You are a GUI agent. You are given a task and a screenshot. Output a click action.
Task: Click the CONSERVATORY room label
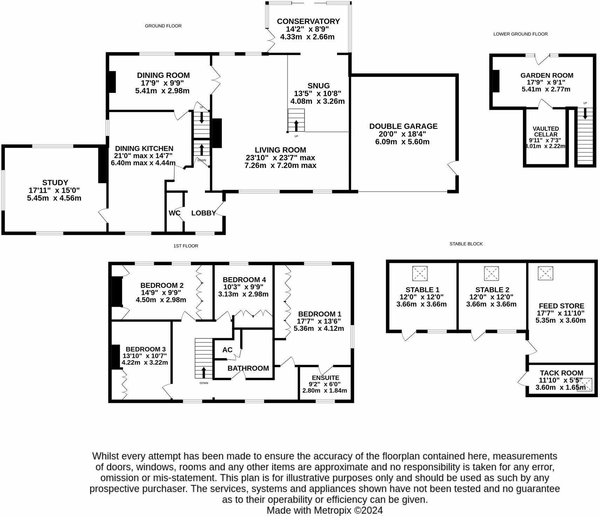308,21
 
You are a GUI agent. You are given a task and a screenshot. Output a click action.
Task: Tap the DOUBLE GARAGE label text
403,126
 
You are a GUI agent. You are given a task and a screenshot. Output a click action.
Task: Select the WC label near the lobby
174,213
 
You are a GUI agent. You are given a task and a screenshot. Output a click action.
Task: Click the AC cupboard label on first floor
227,350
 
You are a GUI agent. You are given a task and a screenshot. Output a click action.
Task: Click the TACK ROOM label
561,373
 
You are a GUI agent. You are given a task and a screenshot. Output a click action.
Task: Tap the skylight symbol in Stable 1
420,273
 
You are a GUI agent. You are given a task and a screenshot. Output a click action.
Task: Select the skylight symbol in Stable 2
491,273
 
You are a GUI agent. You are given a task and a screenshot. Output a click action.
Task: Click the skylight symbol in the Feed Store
545,273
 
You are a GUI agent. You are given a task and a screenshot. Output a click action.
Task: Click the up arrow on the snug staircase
296,125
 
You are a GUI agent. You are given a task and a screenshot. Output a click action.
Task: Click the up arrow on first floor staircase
204,372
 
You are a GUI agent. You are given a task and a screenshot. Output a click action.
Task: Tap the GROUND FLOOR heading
163,26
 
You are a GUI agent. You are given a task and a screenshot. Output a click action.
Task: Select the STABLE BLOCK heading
466,244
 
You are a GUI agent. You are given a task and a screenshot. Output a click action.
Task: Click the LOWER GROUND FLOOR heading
520,34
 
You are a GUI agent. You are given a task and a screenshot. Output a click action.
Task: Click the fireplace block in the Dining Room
112,82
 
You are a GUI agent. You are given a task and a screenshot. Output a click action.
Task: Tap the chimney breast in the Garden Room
496,81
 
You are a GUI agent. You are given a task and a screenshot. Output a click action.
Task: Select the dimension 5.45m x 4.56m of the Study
54,198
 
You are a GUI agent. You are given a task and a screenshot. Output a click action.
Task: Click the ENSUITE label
325,378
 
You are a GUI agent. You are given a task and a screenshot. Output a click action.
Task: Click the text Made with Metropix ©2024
325,510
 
